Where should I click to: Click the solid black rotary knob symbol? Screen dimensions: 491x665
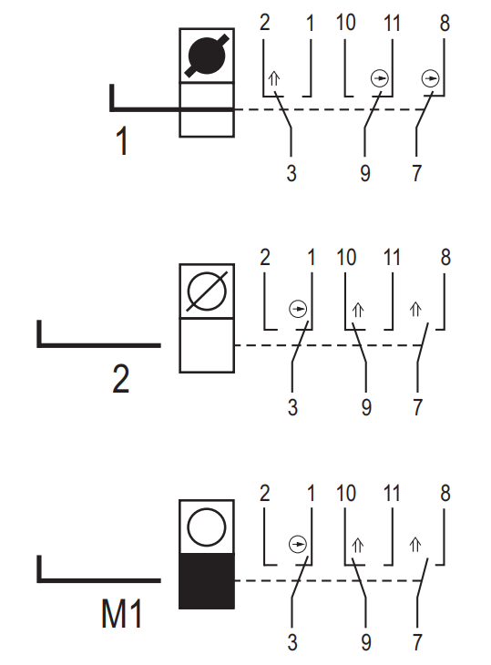tap(207, 56)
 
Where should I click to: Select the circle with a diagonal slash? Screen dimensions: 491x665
tap(207, 292)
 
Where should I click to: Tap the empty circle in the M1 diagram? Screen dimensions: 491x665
tap(207, 527)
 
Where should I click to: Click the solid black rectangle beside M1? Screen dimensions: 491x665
tap(207, 581)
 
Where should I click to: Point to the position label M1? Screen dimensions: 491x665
tap(121, 614)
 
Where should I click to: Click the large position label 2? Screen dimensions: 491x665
tap(121, 379)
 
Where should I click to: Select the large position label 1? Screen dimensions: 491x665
tap(122, 141)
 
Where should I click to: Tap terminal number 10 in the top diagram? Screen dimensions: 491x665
tap(345, 22)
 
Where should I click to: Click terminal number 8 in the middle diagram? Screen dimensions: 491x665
tap(445, 258)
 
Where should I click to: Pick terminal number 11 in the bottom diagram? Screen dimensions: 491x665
tap(392, 493)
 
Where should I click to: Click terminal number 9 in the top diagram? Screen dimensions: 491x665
tap(365, 173)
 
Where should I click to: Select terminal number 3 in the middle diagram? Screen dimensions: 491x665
tap(292, 407)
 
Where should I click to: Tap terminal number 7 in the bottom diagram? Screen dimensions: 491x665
tap(417, 642)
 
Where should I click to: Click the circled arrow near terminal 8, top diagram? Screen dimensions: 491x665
tap(430, 78)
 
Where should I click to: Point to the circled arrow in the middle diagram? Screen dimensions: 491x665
tap(298, 309)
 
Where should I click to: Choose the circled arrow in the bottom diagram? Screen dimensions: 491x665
tap(297, 544)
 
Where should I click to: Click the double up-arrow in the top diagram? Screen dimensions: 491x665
tap(274, 78)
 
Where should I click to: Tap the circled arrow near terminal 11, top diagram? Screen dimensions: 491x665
tap(380, 78)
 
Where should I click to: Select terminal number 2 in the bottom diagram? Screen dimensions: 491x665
tap(264, 493)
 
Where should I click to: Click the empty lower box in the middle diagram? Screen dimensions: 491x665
tap(207, 345)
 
